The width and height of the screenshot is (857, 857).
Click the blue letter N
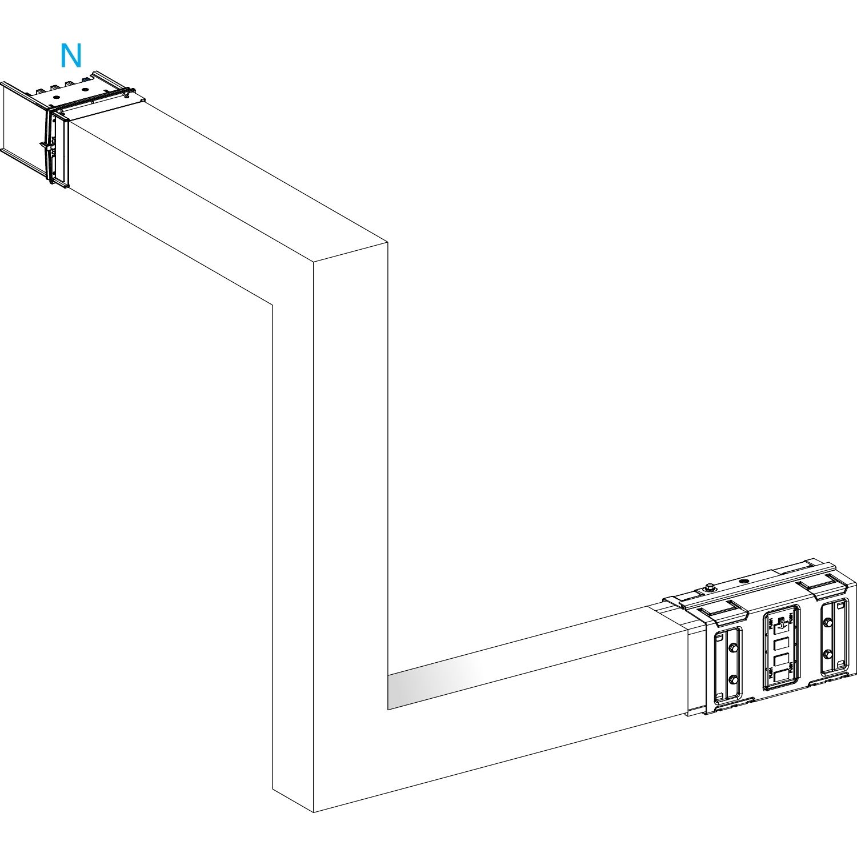click(71, 56)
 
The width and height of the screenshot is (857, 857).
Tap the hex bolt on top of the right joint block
click(709, 587)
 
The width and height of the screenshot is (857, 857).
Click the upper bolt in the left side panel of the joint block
click(732, 648)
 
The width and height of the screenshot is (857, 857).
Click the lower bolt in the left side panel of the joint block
click(732, 679)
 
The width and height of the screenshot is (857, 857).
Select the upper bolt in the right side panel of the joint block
click(827, 621)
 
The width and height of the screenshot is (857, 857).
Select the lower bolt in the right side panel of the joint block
click(827, 653)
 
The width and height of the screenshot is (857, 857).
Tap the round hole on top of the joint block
click(743, 581)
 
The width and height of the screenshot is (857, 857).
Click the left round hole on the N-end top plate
click(57, 97)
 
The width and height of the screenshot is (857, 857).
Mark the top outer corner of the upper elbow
click(388, 242)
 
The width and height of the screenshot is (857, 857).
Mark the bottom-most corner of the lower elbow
click(314, 812)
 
